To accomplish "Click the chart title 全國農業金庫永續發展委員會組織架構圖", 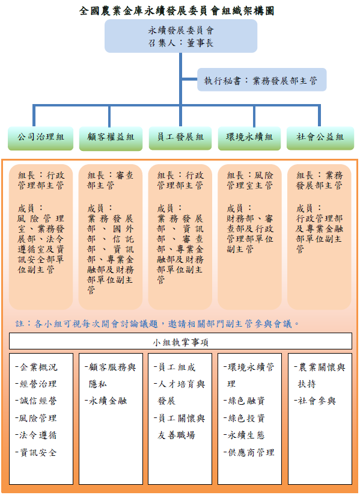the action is click(x=177, y=11).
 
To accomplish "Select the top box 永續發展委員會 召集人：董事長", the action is click(x=181, y=36).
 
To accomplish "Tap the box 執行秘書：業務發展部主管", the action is click(x=261, y=80).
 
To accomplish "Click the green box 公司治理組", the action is click(x=41, y=138).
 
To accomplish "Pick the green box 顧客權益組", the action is click(x=111, y=138).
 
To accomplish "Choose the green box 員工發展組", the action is click(x=180, y=138).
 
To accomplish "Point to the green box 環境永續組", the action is click(x=249, y=138).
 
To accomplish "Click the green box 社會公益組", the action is click(x=320, y=138).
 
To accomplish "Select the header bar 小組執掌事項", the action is click(x=180, y=341).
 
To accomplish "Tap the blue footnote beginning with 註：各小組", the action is click(x=157, y=324).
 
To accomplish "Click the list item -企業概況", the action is click(x=36, y=367).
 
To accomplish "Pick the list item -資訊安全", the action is click(x=36, y=452).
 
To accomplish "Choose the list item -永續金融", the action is click(x=106, y=401).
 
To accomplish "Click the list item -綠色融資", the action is click(x=244, y=401).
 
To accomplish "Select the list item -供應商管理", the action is click(x=249, y=452).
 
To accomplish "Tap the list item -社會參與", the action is click(x=314, y=401).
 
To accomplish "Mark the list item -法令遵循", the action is click(x=36, y=435).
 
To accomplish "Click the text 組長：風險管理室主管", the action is click(x=249, y=180).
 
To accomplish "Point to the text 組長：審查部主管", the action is click(x=110, y=180).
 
